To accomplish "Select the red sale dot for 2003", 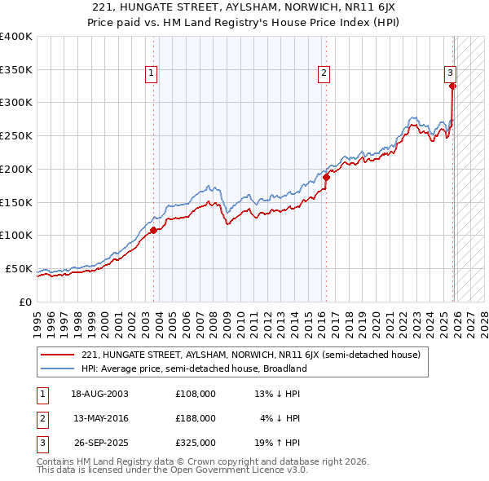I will [153, 231].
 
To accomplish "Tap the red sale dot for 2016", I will [326, 177].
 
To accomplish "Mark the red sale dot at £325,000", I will [453, 86].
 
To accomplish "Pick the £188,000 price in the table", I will [196, 418].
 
